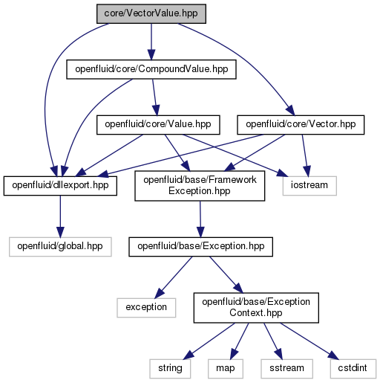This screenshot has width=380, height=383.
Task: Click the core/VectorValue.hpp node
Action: pos(151,13)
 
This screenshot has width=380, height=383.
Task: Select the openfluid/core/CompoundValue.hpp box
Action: pos(151,69)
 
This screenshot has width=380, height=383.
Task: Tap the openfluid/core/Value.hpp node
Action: pos(158,125)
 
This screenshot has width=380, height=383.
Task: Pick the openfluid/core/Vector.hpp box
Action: pos(301,125)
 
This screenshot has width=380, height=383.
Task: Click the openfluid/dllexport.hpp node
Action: pos(60,186)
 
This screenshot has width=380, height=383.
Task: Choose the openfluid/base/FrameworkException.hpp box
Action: pos(200,186)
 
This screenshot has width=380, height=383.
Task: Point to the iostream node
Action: pos(309,186)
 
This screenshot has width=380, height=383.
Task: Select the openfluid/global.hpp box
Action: pos(60,247)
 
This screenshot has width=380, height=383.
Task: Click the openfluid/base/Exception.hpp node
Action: pos(200,247)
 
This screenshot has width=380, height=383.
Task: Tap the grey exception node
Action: pos(146,308)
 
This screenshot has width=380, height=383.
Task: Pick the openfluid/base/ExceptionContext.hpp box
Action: pos(256,308)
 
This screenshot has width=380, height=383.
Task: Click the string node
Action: pos(170,369)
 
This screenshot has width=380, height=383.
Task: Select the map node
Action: pos(226,369)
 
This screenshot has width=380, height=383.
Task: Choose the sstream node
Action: pos(286,369)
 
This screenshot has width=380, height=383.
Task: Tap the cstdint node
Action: pos(353,369)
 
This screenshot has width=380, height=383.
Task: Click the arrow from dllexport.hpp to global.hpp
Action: pos(60,216)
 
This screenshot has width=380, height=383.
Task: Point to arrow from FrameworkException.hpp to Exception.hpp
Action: pos(200,219)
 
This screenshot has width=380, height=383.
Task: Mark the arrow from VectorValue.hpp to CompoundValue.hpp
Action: pos(151,42)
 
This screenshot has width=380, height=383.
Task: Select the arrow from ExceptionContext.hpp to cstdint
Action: pos(309,341)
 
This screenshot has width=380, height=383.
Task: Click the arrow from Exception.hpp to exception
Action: pos(173,277)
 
